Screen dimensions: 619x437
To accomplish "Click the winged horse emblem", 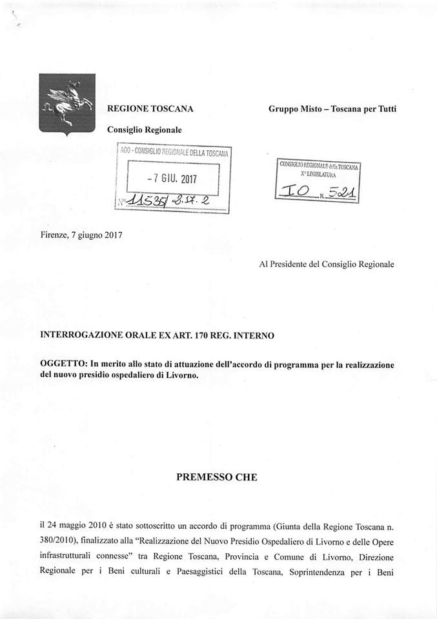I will click(66, 103).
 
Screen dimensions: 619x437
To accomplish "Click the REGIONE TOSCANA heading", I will click(150, 109).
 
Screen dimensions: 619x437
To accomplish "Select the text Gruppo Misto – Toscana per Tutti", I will click(332, 109).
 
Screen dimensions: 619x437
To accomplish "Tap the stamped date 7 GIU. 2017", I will click(172, 178).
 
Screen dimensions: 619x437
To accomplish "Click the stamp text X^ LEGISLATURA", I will click(318, 175).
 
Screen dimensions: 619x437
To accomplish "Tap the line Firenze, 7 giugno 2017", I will click(81, 235).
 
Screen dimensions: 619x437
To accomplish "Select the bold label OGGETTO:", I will click(63, 365).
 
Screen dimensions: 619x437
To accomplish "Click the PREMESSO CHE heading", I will click(217, 477).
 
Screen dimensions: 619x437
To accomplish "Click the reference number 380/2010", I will click(58, 542).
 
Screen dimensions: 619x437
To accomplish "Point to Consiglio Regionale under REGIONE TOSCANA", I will click(145, 130).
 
